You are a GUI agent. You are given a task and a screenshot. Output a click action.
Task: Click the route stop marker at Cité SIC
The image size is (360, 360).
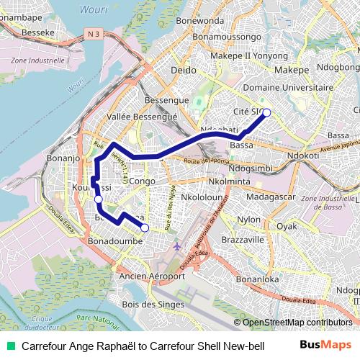(x=266, y=112)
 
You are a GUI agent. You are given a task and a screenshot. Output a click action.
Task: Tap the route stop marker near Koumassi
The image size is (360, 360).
(x=99, y=199)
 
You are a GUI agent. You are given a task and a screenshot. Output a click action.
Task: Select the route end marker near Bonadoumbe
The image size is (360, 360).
(x=145, y=228)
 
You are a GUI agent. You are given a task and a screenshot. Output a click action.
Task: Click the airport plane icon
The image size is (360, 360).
(x=178, y=248)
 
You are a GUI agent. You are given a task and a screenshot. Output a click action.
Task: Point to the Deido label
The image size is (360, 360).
(x=183, y=70)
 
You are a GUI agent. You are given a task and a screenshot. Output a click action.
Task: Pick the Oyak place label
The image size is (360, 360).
(x=287, y=225)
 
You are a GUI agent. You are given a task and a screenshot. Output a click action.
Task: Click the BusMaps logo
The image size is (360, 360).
(x=325, y=345)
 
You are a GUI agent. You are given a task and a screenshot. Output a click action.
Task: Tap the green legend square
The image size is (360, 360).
(x=10, y=346)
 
